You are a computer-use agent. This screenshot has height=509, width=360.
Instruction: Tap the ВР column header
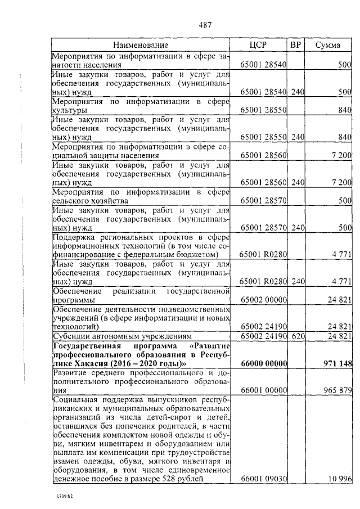point(296,45)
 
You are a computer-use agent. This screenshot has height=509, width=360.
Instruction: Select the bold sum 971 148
point(336,364)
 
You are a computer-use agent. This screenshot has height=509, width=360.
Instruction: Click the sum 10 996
point(340,479)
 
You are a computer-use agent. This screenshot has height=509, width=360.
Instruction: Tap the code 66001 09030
point(264,479)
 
